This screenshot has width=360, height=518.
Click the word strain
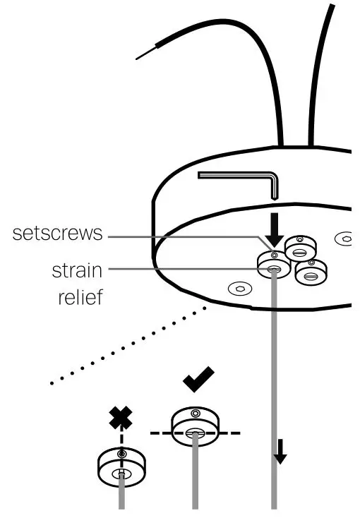[77, 270]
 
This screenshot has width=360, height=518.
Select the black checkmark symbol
[200, 382]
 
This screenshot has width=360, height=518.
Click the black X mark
[121, 421]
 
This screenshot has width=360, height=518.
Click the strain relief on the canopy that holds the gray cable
[273, 267]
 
